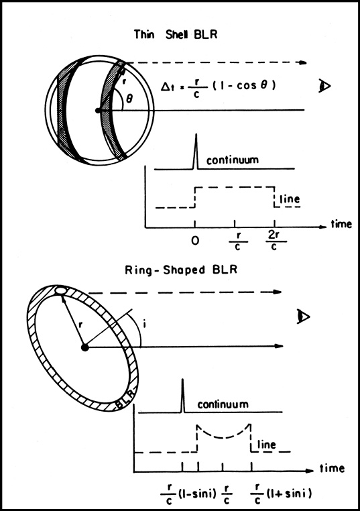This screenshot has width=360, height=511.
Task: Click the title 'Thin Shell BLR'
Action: [176, 34]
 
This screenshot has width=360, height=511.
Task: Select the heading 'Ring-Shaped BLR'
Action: [181, 270]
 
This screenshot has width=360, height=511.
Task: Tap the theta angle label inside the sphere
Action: [129, 98]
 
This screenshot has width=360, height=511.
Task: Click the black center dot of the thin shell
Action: [98, 111]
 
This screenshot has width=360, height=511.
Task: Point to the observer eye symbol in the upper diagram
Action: [324, 86]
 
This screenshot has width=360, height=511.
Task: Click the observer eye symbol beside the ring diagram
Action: [304, 317]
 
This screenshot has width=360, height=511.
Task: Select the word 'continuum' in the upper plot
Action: [232, 160]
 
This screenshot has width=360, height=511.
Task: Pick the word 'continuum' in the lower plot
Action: [223, 404]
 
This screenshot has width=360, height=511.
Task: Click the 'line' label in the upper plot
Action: [290, 198]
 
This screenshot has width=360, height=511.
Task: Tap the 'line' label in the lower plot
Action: [267, 444]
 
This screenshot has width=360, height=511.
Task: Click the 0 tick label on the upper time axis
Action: [195, 241]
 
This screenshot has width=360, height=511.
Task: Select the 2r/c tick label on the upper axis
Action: [274, 241]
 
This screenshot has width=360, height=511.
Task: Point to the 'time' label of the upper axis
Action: [341, 224]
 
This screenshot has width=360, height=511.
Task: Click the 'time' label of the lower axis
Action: [332, 468]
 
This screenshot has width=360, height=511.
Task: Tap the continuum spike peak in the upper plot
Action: [196, 134]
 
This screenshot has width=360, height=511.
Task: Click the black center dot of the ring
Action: [85, 347]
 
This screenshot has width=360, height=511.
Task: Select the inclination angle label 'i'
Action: [144, 325]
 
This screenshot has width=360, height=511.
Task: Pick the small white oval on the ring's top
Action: [60, 290]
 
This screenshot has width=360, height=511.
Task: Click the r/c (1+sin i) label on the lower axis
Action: [281, 494]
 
